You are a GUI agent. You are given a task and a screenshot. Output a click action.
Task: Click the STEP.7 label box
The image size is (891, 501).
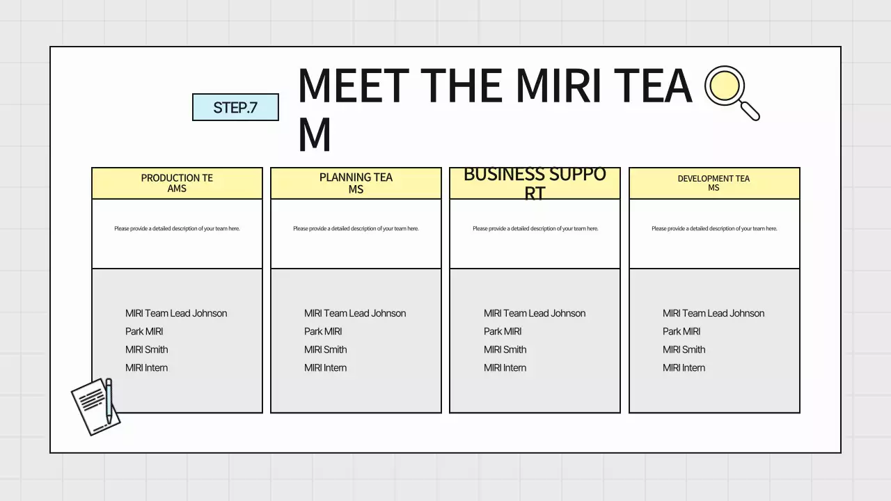[235, 107]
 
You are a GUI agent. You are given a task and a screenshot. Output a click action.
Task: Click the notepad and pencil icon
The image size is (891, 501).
[95, 406]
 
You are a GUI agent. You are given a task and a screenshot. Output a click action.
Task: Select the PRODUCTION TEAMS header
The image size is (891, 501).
[177, 183]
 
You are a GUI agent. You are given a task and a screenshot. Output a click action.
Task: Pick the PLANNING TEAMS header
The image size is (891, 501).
[356, 183]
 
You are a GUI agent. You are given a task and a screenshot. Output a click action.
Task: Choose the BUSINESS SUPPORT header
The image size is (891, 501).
[535, 183]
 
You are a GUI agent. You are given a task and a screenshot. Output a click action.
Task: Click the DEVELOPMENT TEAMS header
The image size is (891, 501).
[713, 183]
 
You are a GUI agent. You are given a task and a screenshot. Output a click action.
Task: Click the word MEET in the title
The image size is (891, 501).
[352, 86]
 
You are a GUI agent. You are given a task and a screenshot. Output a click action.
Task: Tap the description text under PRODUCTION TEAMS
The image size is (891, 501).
[177, 228]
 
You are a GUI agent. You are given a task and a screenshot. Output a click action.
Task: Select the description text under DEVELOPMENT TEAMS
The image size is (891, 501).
[714, 228]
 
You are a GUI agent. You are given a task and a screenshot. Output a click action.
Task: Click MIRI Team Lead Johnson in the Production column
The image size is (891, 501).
[176, 313]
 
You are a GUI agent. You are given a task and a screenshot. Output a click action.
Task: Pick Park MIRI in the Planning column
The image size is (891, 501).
[323, 331]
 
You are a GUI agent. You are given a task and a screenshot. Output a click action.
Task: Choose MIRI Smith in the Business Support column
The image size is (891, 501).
[505, 349]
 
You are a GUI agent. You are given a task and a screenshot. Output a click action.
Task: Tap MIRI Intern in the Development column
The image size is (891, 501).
[684, 367]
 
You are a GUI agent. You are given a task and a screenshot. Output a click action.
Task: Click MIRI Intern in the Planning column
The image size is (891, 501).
[325, 367]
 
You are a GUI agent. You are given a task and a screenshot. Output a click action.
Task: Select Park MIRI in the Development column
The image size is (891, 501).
[681, 331]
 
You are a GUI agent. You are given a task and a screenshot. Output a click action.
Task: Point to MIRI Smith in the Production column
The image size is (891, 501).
[146, 349]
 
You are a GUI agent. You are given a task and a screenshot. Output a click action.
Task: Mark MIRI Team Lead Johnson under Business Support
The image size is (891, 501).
[535, 313]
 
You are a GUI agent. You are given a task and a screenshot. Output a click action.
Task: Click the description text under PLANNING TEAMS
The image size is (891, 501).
[356, 228]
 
